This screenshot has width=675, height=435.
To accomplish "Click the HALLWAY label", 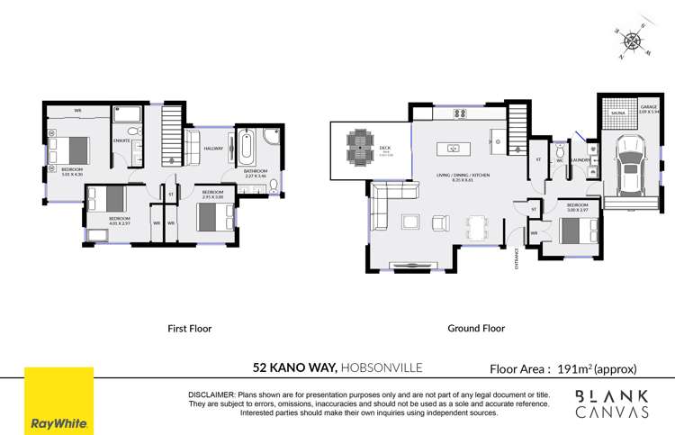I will pos(212,150).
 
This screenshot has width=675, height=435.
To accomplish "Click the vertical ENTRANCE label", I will pos(516,260).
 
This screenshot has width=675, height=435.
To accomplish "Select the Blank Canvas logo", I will pos(611,403).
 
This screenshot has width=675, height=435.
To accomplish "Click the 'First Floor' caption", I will pos(190,329).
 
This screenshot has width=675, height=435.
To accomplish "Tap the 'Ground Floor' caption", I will pos(476,329).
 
